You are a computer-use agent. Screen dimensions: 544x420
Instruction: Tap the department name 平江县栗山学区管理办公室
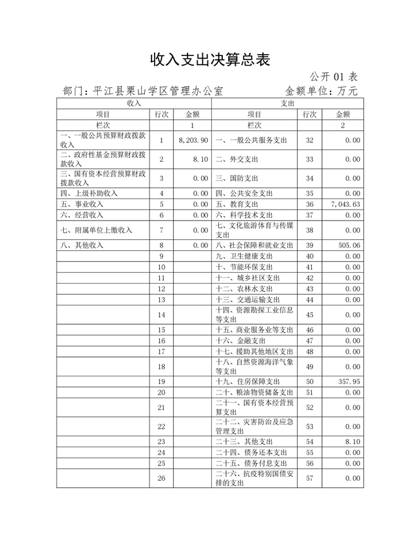coord(158,91)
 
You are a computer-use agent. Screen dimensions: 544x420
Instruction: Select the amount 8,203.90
coord(193,140)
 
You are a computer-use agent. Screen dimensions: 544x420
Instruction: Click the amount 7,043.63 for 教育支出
coord(344,204)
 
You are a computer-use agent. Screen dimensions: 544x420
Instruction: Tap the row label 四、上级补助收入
coord(89,193)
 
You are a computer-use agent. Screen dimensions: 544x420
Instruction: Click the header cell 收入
coord(134,102)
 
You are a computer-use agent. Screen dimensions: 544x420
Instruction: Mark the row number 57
coord(310,478)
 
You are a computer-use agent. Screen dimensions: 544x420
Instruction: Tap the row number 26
coord(161,478)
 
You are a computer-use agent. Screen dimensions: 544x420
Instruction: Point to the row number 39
coord(310,245)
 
